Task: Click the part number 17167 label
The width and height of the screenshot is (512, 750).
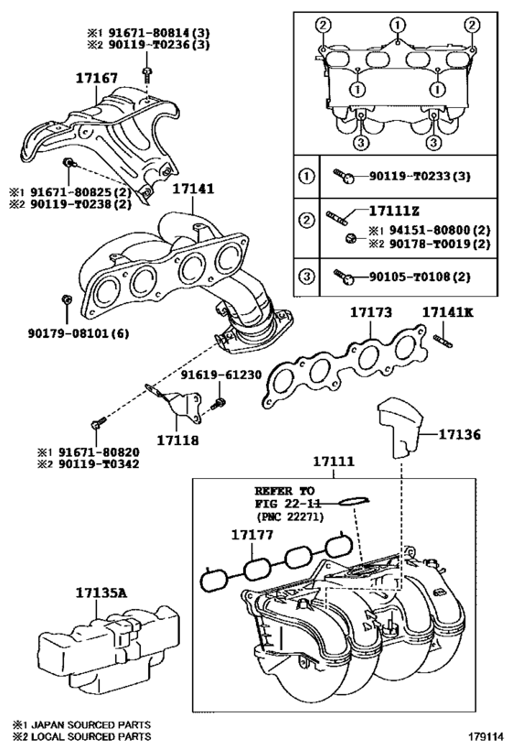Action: click(x=97, y=81)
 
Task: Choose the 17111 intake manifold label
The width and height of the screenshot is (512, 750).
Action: click(x=335, y=462)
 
